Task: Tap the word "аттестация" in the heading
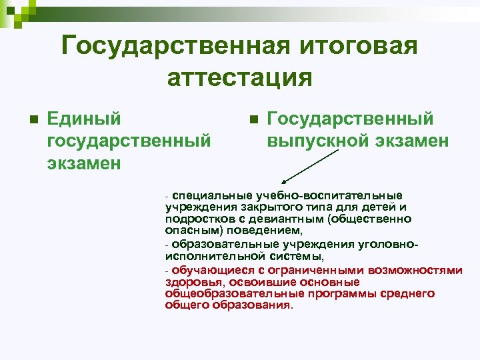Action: coord(240,77)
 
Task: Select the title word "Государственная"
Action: coord(165,47)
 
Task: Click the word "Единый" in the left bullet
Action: coord(85,119)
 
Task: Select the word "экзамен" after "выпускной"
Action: coord(411,141)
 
